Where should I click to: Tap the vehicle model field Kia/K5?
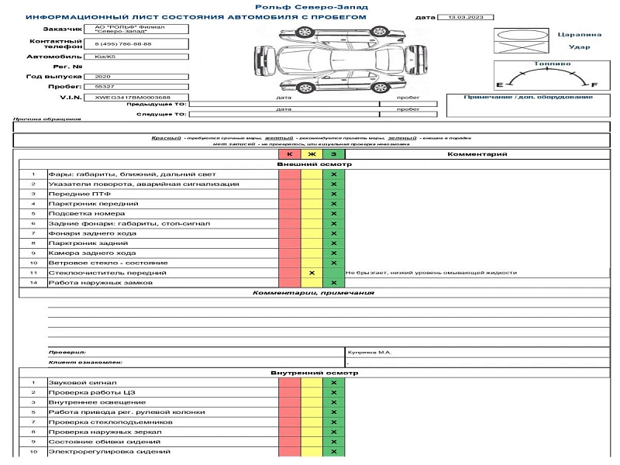(x=103, y=57)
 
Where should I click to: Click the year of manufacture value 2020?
(x=102, y=77)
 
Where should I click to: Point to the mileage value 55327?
(x=104, y=87)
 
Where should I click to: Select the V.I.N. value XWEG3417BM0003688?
(x=122, y=97)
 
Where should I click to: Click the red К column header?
(x=290, y=154)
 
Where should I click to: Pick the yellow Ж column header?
(x=312, y=154)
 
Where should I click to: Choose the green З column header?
(x=333, y=154)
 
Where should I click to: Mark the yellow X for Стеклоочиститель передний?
(x=312, y=273)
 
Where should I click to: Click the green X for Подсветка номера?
(x=333, y=213)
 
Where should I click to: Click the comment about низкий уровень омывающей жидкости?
(x=431, y=273)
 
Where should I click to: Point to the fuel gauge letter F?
(x=594, y=84)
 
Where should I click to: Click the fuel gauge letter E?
(x=499, y=84)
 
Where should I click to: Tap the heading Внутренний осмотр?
(x=314, y=373)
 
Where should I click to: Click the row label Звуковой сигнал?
(x=82, y=383)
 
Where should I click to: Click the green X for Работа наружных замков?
(x=333, y=283)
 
